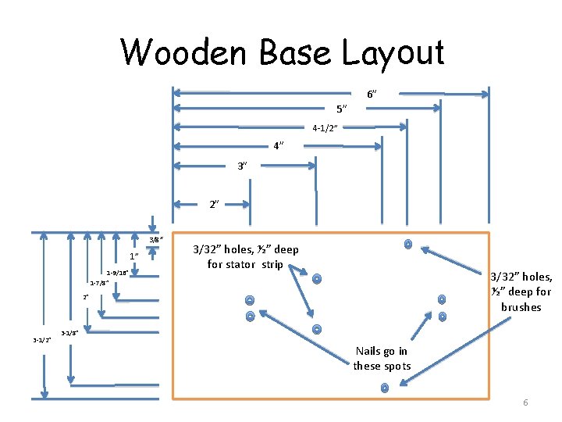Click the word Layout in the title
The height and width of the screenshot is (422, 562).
click(393, 52)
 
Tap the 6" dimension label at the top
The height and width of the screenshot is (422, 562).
click(372, 94)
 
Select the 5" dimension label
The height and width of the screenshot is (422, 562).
click(341, 109)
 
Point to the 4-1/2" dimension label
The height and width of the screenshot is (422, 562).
click(325, 128)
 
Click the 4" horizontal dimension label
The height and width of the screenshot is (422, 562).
click(279, 146)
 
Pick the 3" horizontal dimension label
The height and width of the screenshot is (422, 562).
click(243, 166)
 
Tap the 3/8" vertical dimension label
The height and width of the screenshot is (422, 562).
click(156, 240)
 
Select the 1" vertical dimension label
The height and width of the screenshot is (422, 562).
click(134, 256)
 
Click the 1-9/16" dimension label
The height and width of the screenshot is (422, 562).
click(117, 273)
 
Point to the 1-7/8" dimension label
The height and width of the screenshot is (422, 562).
click(99, 283)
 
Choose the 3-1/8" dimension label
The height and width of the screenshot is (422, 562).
click(69, 332)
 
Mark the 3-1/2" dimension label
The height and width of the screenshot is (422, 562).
click(41, 340)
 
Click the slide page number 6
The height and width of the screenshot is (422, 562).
click(525, 402)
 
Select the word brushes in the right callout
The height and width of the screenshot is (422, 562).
click(521, 307)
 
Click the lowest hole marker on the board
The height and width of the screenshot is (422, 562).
click(385, 388)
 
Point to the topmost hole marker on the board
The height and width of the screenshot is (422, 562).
click(407, 244)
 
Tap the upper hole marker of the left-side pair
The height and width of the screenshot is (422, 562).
click(250, 300)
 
